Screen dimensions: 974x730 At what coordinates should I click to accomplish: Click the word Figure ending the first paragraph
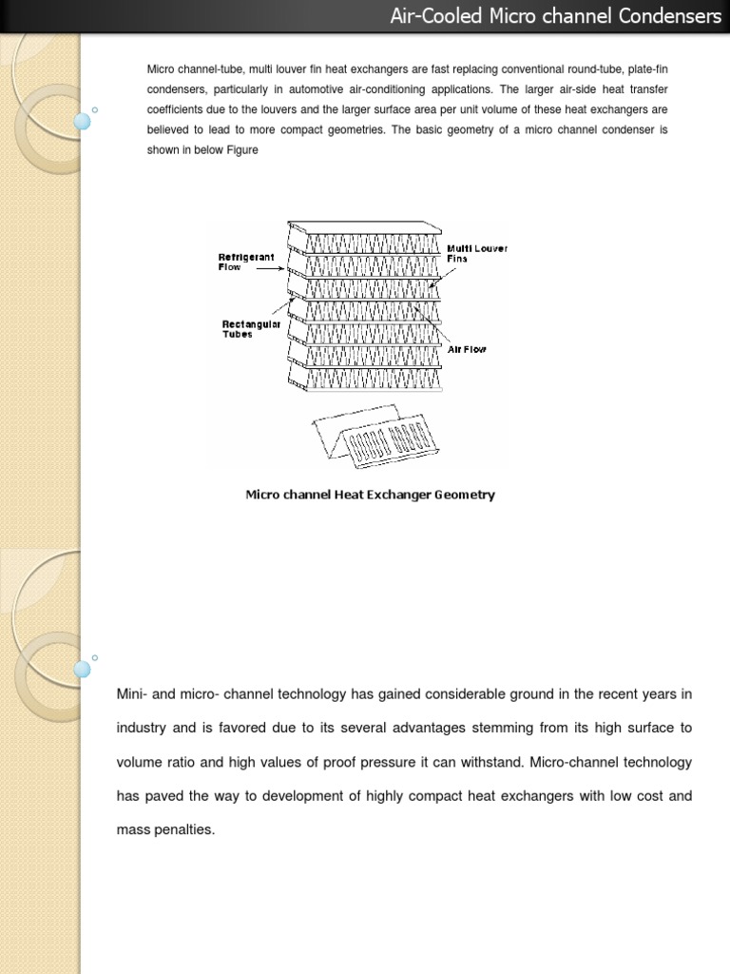(x=241, y=149)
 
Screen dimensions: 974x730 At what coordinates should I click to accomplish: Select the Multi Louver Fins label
(x=477, y=253)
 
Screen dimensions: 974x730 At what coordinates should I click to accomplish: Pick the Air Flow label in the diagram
(x=467, y=350)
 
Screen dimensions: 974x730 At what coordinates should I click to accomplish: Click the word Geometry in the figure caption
(x=465, y=495)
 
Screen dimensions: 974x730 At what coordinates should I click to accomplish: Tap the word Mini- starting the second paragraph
(x=132, y=694)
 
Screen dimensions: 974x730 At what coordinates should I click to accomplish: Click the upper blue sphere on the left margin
(x=82, y=121)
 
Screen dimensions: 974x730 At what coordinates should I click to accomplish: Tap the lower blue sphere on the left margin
(x=82, y=668)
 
